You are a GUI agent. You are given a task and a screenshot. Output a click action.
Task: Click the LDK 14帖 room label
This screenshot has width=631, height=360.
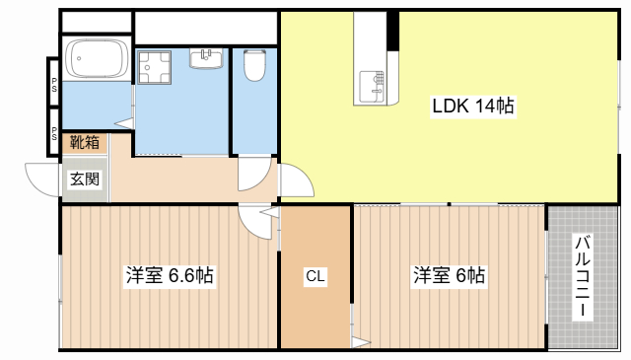pos(473,106)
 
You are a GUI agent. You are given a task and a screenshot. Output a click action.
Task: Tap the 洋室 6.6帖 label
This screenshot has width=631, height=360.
pos(170,275)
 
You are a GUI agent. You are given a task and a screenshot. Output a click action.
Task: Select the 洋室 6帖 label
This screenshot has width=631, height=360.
pos(450,275)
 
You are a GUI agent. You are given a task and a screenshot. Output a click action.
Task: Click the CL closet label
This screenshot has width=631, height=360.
pos(315,276)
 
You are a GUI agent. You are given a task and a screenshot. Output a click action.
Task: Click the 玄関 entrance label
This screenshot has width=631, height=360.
pos(85,179)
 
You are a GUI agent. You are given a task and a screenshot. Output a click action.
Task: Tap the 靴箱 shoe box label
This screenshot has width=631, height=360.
pos(85,143)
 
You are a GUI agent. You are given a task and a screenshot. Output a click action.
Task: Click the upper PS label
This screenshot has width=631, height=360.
pos(54,85)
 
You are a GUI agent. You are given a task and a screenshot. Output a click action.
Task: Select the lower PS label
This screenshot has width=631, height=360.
pos(54,134)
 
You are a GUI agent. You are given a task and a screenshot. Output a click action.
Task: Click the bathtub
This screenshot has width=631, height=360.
pos(97,58)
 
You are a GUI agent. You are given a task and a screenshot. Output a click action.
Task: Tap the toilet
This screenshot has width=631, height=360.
pos(254,64)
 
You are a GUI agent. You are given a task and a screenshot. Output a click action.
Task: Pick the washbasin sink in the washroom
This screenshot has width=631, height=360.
pos(206,59)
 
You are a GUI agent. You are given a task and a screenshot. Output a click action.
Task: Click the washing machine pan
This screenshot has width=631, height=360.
pos(154,67)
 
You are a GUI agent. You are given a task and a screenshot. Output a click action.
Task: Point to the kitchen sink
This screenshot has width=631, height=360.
pos(372,87)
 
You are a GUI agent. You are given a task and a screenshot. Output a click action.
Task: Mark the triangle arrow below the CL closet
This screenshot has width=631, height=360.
pos(361,342)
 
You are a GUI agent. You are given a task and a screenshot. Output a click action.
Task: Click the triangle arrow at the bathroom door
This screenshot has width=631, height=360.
pos(124,123)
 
